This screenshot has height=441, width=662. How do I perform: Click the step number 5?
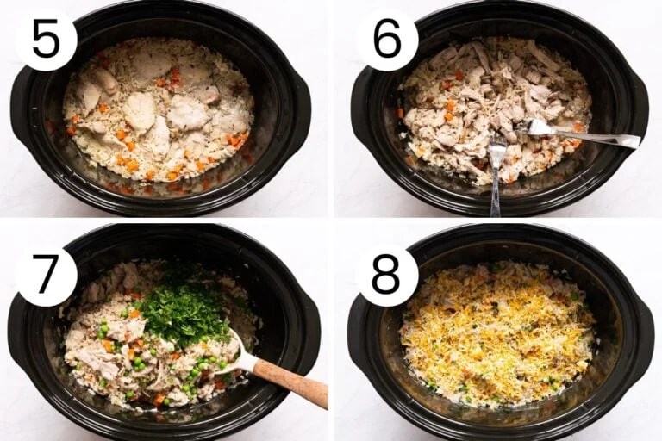pyautogui.click(x=45, y=40)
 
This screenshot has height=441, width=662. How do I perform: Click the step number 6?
pyautogui.click(x=387, y=40)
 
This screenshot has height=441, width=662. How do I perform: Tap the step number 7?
pyautogui.click(x=45, y=275)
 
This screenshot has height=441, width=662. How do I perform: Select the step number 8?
pyautogui.click(x=386, y=275)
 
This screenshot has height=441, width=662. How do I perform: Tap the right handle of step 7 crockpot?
pyautogui.click(x=308, y=332)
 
